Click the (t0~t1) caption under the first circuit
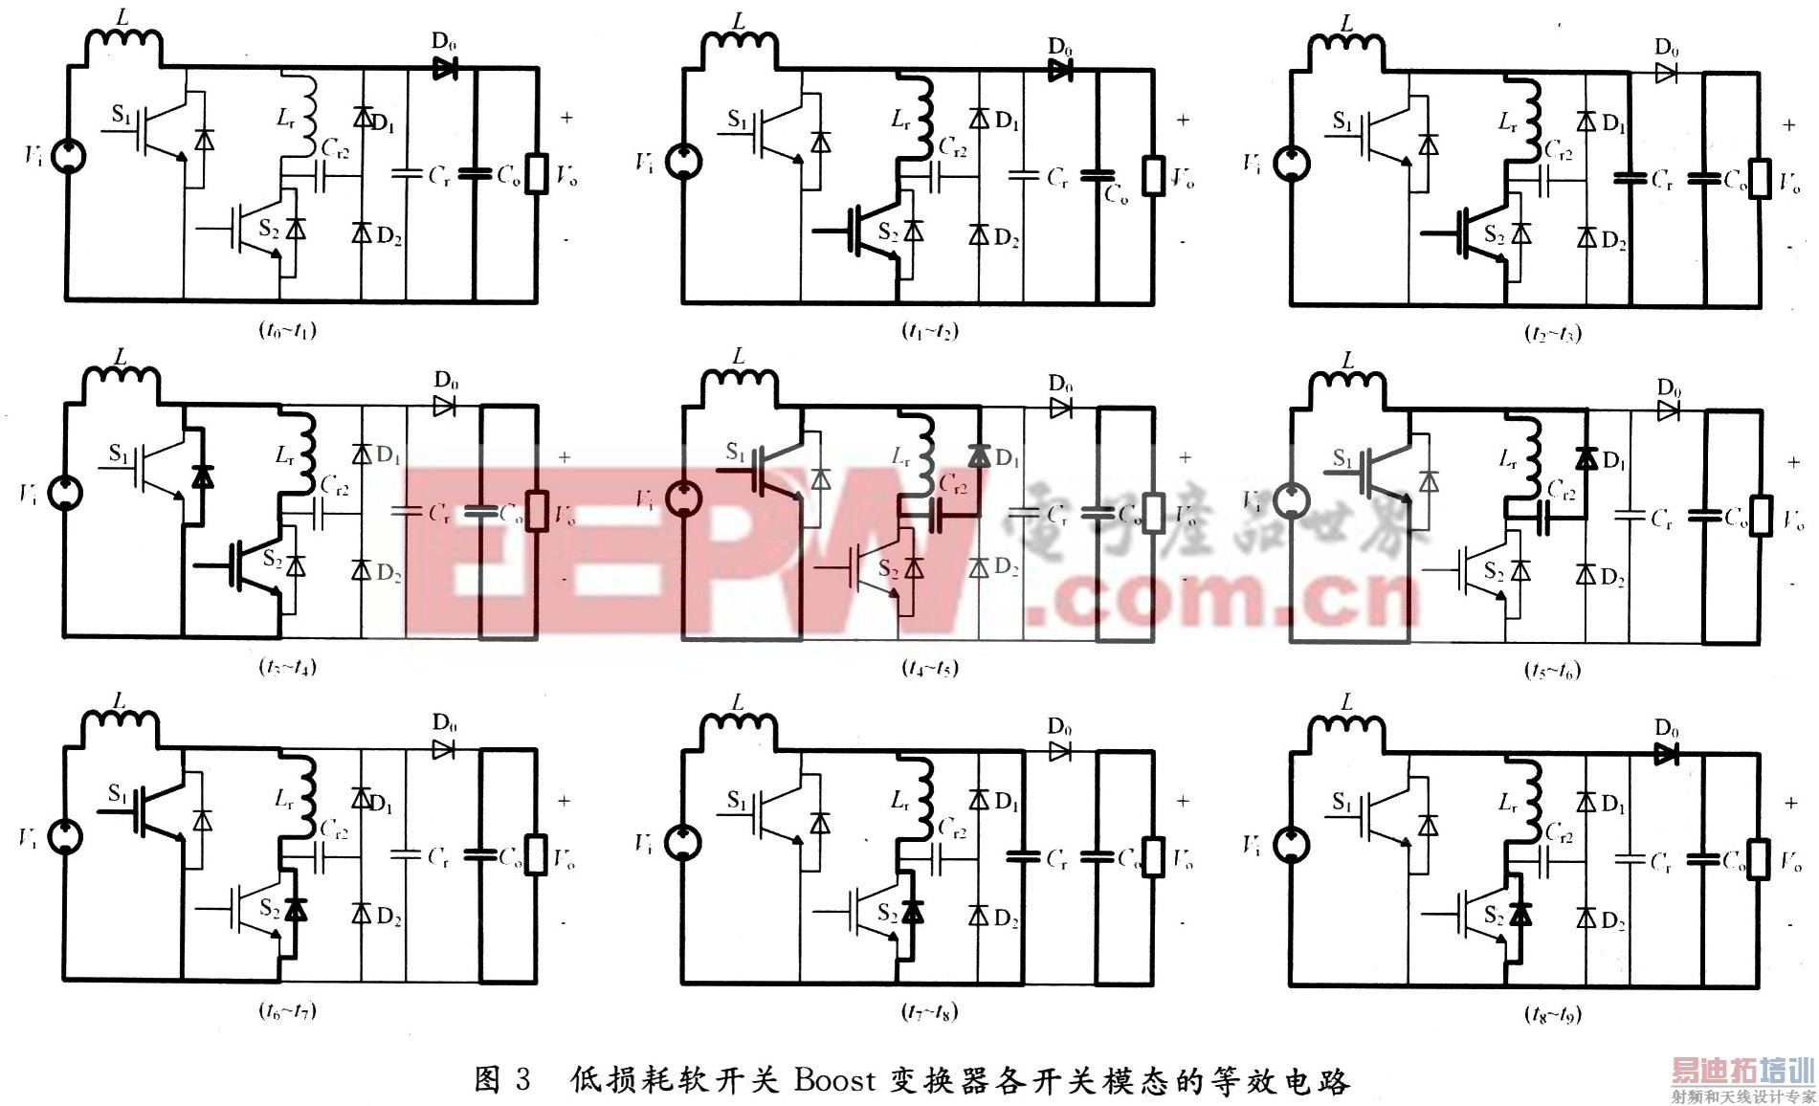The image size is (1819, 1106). click(x=287, y=330)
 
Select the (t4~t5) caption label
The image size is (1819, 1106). click(x=930, y=668)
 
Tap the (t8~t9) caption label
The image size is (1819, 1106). click(x=1552, y=1014)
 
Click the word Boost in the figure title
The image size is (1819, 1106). click(x=834, y=1080)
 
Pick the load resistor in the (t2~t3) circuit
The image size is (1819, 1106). click(x=1759, y=179)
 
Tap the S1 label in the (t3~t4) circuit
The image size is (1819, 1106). click(x=119, y=453)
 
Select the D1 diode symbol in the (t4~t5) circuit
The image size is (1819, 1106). click(x=979, y=456)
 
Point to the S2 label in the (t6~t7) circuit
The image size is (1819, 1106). click(x=270, y=907)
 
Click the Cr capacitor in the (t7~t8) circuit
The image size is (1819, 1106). click(x=1023, y=857)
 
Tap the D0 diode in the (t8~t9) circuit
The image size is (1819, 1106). click(x=1666, y=754)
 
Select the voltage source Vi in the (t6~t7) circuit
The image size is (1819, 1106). click(x=65, y=837)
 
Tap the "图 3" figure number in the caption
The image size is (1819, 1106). click(x=501, y=1080)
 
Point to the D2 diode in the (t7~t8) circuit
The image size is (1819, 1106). click(x=979, y=916)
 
